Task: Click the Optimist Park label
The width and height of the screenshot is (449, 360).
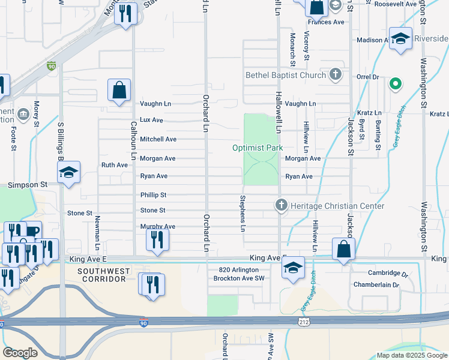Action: point(258,148)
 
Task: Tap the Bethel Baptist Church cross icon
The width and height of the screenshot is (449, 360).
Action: point(336,76)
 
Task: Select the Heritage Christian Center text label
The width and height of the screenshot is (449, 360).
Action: point(337,206)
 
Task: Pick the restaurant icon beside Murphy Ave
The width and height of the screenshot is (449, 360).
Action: point(157,241)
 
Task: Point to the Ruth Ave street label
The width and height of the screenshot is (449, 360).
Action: point(114,164)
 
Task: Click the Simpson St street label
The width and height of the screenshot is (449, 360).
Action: point(27,185)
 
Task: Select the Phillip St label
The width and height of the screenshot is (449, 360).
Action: point(153,195)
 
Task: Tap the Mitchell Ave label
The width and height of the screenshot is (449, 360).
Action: point(158,139)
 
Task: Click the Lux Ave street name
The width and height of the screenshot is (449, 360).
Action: point(151,120)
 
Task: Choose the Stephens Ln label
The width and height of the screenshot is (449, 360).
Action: point(243,214)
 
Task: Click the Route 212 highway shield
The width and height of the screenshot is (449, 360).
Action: point(304,322)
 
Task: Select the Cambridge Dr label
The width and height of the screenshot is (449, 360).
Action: point(379,273)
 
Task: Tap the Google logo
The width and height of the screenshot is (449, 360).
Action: point(20,353)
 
